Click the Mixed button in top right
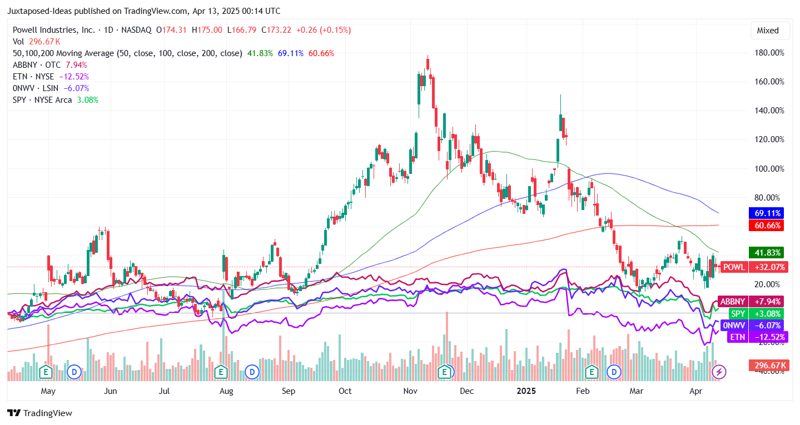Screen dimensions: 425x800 tap(768, 31)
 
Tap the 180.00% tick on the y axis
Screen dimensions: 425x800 tap(769, 53)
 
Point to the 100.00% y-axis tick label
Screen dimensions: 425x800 tap(769, 169)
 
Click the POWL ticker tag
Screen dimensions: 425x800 tap(734, 267)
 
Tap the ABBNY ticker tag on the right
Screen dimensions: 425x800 tap(732, 302)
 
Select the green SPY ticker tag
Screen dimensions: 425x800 tap(738, 314)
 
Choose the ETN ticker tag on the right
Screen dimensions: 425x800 tap(738, 337)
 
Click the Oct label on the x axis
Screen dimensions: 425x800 tap(345, 391)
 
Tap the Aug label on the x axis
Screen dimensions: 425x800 tap(226, 391)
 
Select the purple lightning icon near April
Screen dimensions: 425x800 tap(719, 372)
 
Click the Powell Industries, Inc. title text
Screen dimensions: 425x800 tap(53, 30)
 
